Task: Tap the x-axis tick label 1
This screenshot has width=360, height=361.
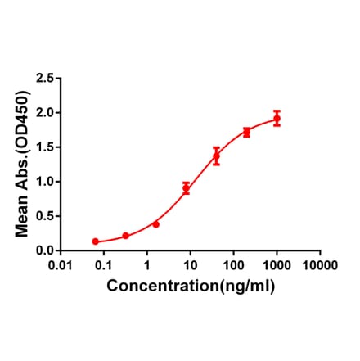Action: pyautogui.click(x=147, y=266)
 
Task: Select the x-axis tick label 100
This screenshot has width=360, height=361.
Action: pyautogui.click(x=234, y=266)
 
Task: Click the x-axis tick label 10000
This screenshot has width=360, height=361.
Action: pyautogui.click(x=319, y=266)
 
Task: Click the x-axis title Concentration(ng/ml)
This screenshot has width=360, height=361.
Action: pyautogui.click(x=191, y=287)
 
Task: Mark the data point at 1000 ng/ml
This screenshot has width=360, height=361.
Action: pyautogui.click(x=277, y=119)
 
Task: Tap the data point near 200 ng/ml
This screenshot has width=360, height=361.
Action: pyautogui.click(x=246, y=132)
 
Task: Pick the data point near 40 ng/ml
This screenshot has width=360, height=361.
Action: pyautogui.click(x=216, y=156)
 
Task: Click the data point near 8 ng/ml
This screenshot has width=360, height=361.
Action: pyautogui.click(x=186, y=188)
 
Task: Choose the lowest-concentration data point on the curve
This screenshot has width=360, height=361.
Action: pyautogui.click(x=95, y=241)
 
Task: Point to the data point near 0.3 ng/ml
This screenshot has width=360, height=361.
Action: pyautogui.click(x=125, y=236)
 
